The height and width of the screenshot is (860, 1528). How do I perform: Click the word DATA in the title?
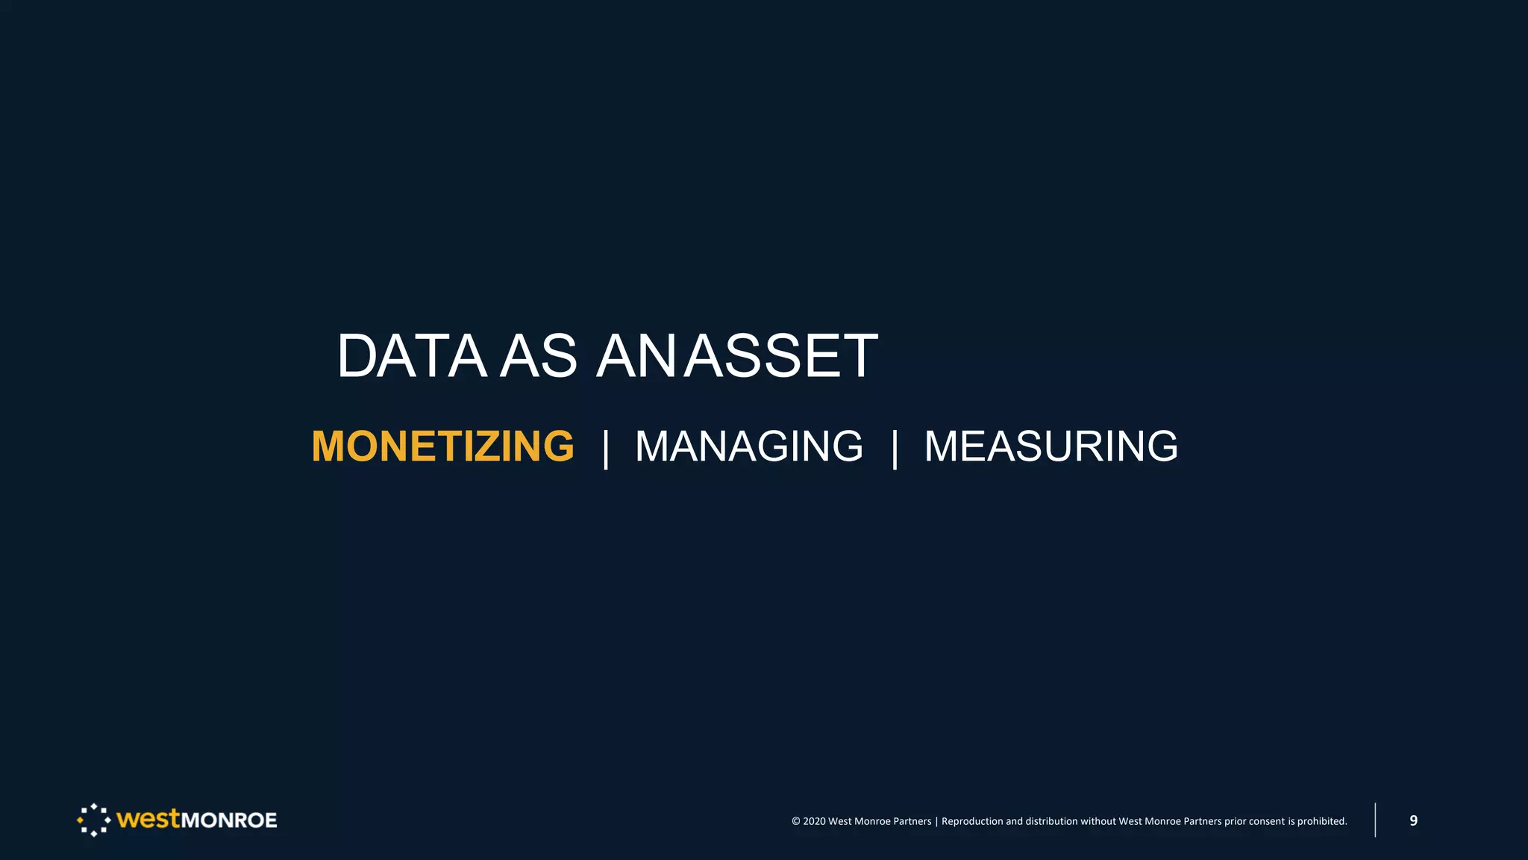[411, 356]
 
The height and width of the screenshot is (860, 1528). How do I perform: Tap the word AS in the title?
[538, 356]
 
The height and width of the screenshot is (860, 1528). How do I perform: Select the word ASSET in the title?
[781, 356]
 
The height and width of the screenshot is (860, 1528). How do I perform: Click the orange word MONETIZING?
[442, 446]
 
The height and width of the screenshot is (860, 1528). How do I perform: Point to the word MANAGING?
[748, 446]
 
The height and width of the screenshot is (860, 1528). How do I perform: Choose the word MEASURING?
[1050, 446]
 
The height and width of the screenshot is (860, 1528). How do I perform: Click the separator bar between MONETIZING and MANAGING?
[606, 448]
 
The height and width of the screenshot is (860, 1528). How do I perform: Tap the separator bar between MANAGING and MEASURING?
[895, 448]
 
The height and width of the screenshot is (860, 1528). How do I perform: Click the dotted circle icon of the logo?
[93, 820]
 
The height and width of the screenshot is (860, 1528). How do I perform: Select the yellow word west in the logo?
[148, 819]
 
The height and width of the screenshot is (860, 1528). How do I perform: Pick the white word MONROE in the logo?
[229, 820]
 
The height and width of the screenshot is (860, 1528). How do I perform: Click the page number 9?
[1413, 820]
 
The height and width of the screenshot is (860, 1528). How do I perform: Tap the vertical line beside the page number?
[1375, 820]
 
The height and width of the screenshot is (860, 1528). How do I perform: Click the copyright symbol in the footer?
[795, 821]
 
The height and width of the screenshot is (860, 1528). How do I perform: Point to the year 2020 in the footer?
[814, 821]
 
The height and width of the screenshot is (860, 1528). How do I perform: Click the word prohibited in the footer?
[1321, 821]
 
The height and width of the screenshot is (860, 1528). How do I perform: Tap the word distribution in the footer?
[1051, 821]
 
